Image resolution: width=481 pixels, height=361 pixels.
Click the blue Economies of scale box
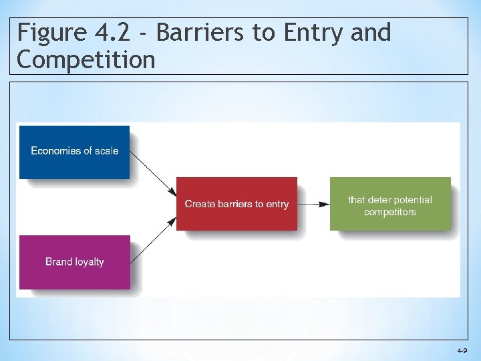[x=74, y=152]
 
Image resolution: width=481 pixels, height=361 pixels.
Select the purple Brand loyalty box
[x=74, y=262]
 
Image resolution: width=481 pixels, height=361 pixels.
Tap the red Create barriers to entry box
[x=236, y=204]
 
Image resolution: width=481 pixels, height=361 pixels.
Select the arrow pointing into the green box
[x=313, y=204]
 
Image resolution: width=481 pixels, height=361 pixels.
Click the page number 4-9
[x=462, y=350]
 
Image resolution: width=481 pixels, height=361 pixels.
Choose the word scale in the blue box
[x=106, y=151]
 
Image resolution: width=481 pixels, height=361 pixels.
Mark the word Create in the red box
[x=198, y=204]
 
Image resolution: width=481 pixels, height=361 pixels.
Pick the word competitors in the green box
[x=390, y=212]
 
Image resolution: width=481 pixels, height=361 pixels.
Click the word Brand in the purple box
[x=58, y=262]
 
